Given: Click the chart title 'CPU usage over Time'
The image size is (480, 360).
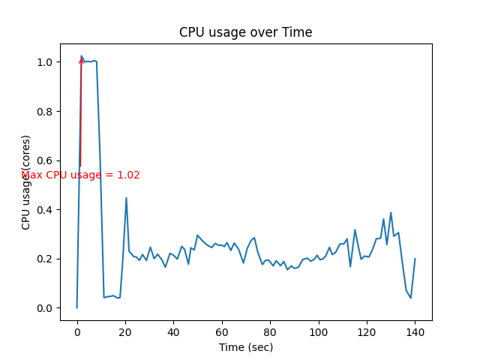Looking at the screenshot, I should coord(245,32).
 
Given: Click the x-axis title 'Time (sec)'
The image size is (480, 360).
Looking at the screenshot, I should coord(245,347).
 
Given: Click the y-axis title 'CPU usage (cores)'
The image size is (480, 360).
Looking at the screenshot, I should coord(26,182).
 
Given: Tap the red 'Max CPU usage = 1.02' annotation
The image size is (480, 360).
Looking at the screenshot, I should coord(80,175).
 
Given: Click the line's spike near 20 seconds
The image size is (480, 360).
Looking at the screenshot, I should coord(126,198).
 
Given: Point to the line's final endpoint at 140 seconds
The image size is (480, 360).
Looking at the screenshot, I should coord(415,259).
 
